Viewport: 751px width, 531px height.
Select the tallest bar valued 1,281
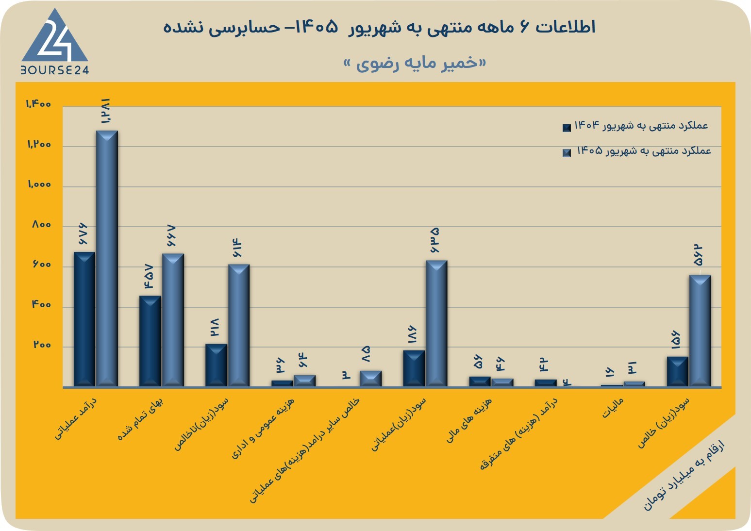(x=107, y=258)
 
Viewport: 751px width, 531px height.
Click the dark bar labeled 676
(x=84, y=319)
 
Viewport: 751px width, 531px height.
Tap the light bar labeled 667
(x=173, y=320)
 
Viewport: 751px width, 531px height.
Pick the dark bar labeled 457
(x=150, y=341)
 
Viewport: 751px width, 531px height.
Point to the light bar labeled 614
(x=239, y=326)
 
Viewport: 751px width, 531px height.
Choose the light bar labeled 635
(x=436, y=323)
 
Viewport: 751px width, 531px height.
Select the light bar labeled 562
(x=700, y=331)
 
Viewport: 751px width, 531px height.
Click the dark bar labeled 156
(x=678, y=372)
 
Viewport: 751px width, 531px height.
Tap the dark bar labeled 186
(x=414, y=368)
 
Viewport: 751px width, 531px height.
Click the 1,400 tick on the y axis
(x=38, y=104)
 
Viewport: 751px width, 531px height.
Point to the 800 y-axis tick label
(x=42, y=225)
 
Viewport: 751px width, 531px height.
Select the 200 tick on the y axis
(x=42, y=345)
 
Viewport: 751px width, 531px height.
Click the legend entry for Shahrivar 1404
(x=635, y=126)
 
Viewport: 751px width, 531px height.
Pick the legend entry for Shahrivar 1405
(x=636, y=151)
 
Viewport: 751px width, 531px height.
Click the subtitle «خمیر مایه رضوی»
(x=415, y=63)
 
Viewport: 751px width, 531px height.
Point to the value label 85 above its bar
(x=366, y=354)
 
